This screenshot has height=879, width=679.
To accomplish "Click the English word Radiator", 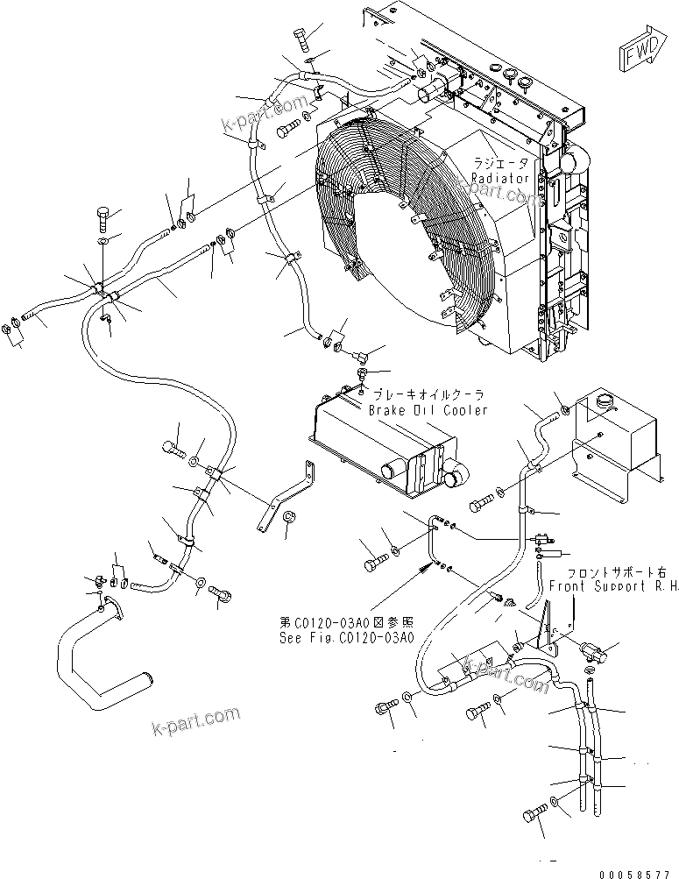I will (x=500, y=178).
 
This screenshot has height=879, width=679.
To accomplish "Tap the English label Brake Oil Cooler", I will (x=428, y=410).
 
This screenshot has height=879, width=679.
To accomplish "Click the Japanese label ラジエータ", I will (x=500, y=163).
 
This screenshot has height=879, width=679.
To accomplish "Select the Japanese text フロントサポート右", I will (x=607, y=570).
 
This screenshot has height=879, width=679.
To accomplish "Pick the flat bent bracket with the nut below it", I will (x=285, y=495).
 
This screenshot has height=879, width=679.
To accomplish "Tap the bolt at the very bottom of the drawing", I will (x=531, y=815).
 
